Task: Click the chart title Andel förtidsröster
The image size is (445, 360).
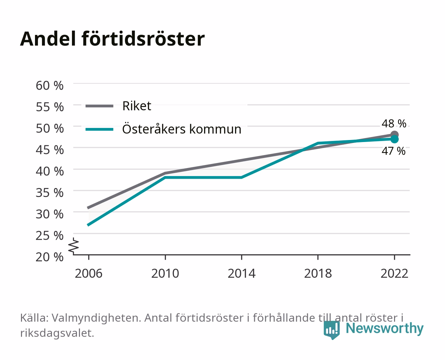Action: (x=112, y=39)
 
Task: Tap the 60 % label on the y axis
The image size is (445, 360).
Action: (x=50, y=86)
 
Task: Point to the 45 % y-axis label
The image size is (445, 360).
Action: (x=50, y=150)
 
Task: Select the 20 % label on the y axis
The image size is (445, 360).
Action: (x=50, y=257)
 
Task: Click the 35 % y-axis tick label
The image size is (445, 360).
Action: (x=50, y=193)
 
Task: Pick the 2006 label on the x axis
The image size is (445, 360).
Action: (x=89, y=273)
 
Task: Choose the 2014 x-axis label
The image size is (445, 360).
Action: (x=241, y=273)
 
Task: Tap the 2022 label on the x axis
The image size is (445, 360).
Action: (x=394, y=273)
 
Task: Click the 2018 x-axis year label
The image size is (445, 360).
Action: (x=318, y=273)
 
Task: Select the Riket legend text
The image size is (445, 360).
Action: (x=137, y=106)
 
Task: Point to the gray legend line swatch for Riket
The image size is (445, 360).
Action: (x=100, y=106)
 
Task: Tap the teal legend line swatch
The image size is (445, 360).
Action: (x=100, y=129)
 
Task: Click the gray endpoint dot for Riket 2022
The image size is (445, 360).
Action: (x=394, y=135)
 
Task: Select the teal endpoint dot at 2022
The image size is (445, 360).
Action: (x=394, y=139)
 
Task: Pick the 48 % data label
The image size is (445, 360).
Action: (x=394, y=124)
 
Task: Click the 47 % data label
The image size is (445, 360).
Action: (x=393, y=151)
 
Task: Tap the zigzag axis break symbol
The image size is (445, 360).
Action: (x=74, y=246)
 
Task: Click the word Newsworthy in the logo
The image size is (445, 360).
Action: (x=385, y=328)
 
